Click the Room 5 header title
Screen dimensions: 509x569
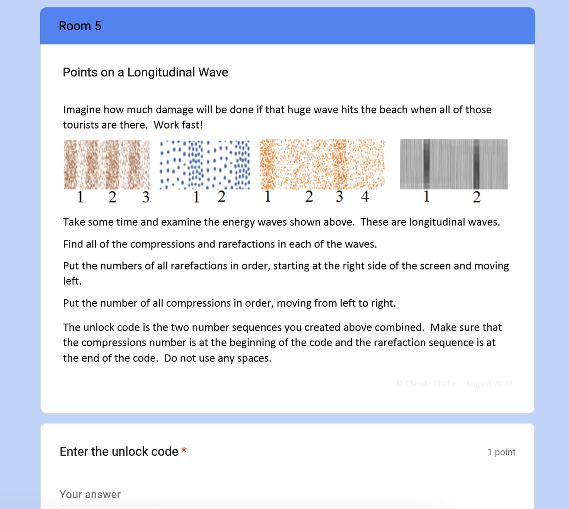tap(80, 26)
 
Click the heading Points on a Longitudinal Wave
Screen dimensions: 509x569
tap(145, 72)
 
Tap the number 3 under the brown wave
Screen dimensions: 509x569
tap(145, 197)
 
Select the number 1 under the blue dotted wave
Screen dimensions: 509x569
tap(196, 197)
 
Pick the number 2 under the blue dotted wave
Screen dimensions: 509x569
tap(221, 197)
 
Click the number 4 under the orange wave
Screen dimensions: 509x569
tap(365, 197)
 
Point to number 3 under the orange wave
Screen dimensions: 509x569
tap(339, 197)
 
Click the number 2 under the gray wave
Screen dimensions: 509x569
tap(477, 197)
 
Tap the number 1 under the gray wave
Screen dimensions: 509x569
tap(426, 197)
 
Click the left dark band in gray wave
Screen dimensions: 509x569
tap(426, 164)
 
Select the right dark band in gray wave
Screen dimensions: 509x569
tap(476, 164)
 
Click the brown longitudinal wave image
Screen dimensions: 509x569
tap(107, 165)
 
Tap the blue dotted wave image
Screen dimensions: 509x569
tap(205, 165)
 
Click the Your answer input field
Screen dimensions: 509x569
tap(109, 495)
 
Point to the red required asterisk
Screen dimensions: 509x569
tap(184, 451)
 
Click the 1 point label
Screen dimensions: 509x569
tap(501, 452)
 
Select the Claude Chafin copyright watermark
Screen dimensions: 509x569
tap(454, 383)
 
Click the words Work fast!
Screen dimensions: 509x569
tap(178, 125)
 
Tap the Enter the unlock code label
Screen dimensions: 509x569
tap(119, 451)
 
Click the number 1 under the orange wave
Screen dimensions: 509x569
tap(267, 197)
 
